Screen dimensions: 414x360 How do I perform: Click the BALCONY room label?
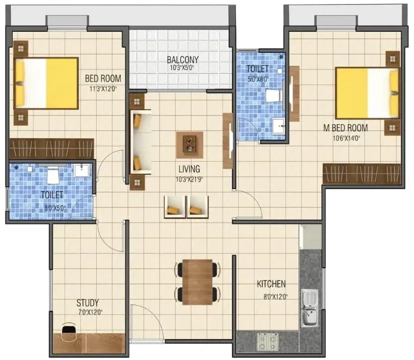(x=183, y=60)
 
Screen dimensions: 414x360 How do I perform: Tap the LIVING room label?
(x=189, y=169)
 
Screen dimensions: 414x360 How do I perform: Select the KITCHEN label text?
(x=271, y=284)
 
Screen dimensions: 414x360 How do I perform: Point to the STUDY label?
(x=88, y=303)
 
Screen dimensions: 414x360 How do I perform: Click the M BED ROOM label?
(x=346, y=128)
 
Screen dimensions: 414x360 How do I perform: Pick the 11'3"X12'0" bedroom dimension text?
(x=103, y=89)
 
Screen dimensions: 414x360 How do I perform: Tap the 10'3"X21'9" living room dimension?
(x=189, y=180)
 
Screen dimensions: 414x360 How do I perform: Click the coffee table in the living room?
(x=190, y=145)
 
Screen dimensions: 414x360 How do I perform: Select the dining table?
(x=197, y=282)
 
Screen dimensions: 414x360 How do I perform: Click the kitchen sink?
(x=310, y=308)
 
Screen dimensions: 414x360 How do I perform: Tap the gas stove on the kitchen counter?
(x=268, y=341)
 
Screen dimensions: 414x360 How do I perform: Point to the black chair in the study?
(x=69, y=329)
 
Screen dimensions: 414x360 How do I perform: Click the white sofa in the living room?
(x=141, y=142)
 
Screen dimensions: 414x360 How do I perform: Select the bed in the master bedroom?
(x=367, y=93)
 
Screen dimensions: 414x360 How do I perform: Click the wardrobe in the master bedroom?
(x=362, y=173)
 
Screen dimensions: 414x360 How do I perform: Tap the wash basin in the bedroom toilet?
(x=82, y=170)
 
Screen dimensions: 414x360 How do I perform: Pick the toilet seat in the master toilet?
(x=273, y=96)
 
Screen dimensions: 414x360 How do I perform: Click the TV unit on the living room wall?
(x=228, y=141)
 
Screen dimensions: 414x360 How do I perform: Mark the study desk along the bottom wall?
(x=89, y=343)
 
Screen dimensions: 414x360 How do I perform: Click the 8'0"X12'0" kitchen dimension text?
(x=275, y=297)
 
